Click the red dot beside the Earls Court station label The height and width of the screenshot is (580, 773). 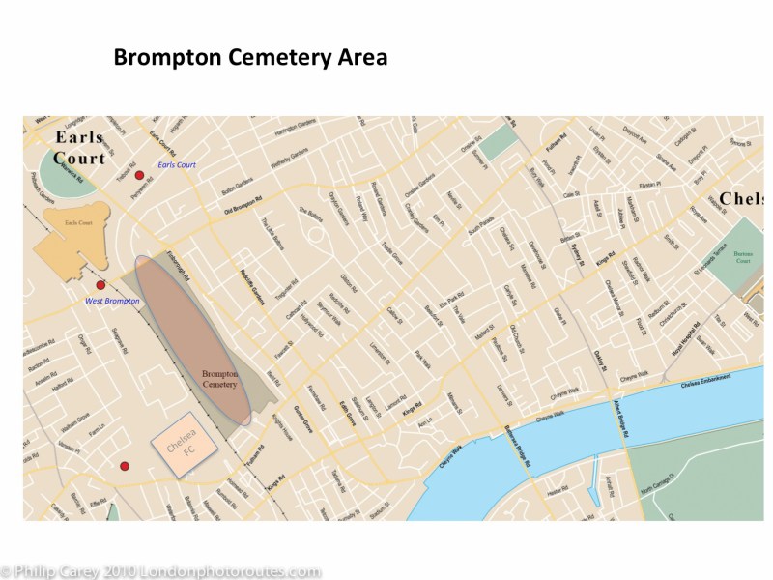pyautogui.click(x=139, y=175)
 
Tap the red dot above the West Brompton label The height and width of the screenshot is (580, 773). pyautogui.click(x=100, y=285)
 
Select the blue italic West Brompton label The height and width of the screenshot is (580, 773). pyautogui.click(x=112, y=302)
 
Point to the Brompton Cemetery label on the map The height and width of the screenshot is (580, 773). pyautogui.click(x=225, y=378)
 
